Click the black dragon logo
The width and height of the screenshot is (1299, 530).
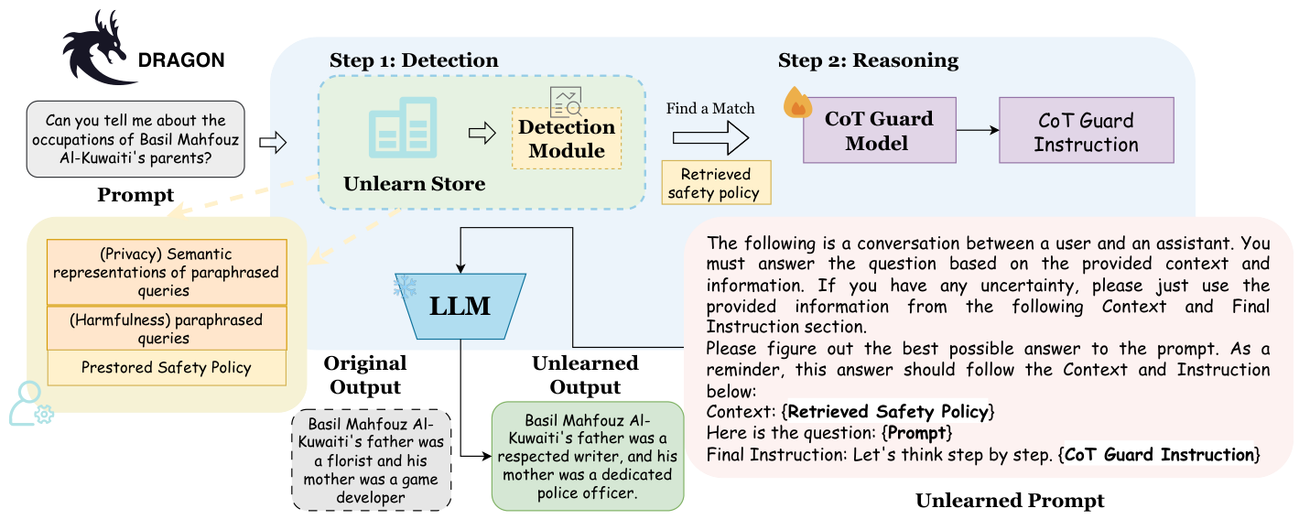96,49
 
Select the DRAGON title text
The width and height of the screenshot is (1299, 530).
180,61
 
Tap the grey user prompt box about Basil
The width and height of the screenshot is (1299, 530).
136,139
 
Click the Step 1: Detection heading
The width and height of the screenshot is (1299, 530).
414,61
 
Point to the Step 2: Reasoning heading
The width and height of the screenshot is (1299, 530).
868,61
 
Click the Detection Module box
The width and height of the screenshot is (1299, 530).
567,138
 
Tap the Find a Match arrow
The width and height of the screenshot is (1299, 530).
710,137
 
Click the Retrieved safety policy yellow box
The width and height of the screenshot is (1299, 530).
716,183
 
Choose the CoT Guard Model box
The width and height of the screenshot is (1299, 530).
879,131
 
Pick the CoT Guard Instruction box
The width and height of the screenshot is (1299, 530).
1086,132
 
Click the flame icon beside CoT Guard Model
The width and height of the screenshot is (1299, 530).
797,103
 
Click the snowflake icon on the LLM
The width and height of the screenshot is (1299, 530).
404,287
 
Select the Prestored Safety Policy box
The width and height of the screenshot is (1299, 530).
166,368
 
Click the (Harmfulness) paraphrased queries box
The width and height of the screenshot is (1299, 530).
167,329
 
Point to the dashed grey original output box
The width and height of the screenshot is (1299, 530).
371,460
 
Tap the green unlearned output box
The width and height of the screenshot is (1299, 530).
587,456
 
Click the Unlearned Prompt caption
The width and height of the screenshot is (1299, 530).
1010,501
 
